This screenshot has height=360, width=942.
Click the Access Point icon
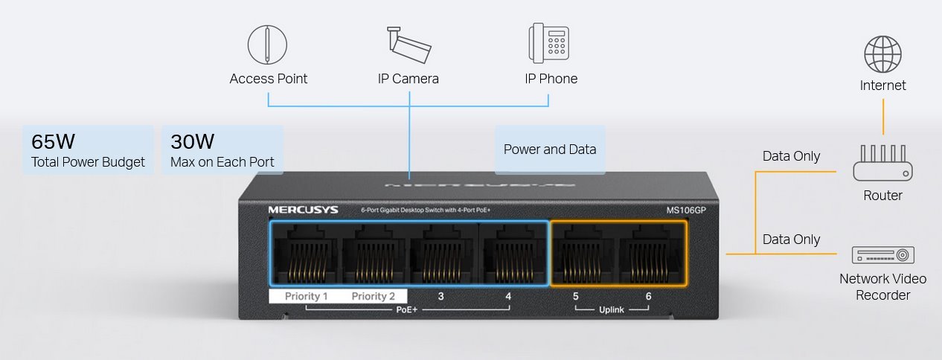[267, 45]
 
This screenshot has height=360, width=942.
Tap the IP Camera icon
[409, 45]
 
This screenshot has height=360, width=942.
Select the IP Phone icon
[549, 43]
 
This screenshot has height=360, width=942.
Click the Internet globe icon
[882, 54]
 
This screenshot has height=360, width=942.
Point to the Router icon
[882, 163]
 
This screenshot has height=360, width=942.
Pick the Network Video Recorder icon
[882, 255]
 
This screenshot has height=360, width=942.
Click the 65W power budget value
[53, 142]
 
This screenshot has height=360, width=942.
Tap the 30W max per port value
[192, 142]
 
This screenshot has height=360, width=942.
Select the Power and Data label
[550, 150]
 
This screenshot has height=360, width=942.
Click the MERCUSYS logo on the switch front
[303, 210]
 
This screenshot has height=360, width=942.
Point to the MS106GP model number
[686, 210]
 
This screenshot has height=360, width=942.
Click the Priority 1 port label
[306, 296]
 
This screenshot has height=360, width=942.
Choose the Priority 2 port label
[373, 296]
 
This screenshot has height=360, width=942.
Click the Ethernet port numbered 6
[650, 254]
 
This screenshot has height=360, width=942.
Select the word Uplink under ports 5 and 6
[612, 310]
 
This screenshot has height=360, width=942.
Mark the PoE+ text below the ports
[407, 310]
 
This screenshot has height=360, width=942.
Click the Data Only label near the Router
[791, 156]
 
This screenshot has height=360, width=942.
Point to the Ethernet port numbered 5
[583, 254]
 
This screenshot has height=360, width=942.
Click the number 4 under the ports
[508, 296]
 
